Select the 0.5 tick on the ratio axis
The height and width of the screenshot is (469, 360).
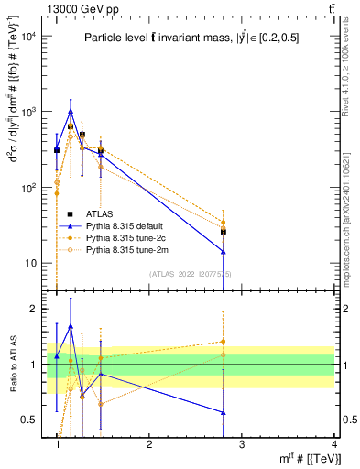pyautogui.click(x=31, y=420)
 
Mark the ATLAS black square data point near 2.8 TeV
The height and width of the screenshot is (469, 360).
pyautogui.click(x=224, y=232)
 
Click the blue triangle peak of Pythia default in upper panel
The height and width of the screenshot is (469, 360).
pyautogui.click(x=71, y=112)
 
